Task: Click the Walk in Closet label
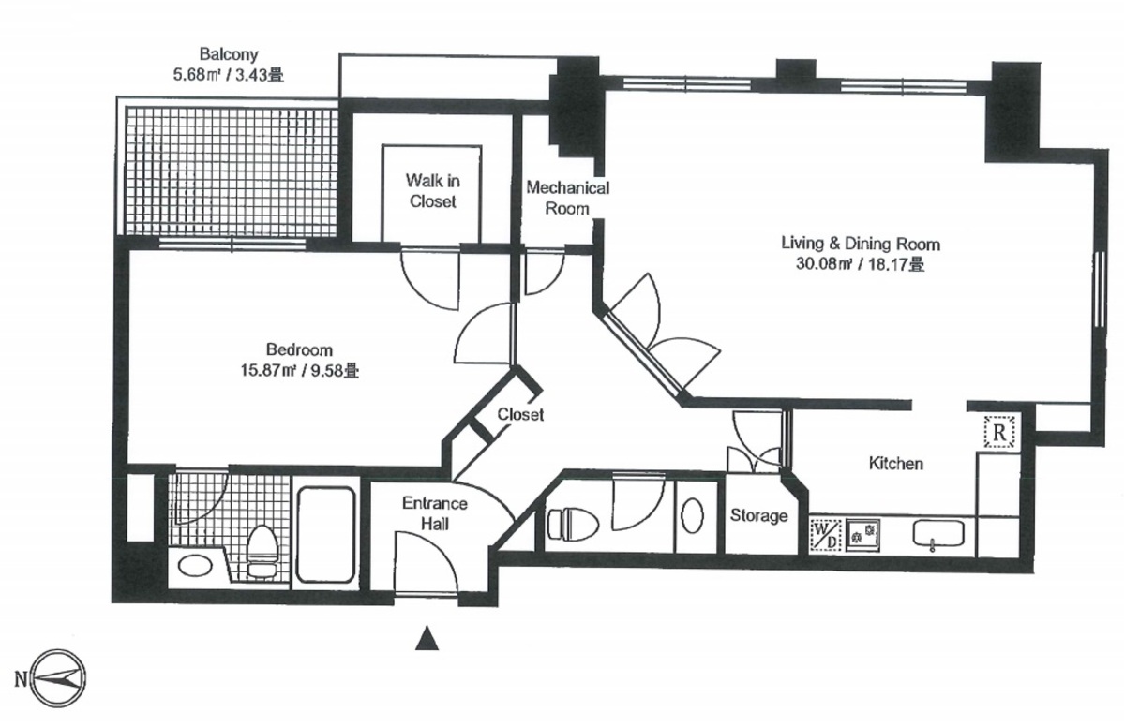point(433,191)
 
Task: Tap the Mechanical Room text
point(568,198)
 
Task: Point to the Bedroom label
point(299,349)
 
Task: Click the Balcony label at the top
point(229,53)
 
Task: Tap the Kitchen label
point(895,464)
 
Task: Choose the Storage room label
point(758,515)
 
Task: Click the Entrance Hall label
point(434,513)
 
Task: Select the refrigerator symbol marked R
point(999,433)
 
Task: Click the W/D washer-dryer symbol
point(826,534)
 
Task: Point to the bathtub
point(326,534)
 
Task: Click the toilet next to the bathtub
point(261,551)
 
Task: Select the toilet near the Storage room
point(573,524)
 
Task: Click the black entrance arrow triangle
point(427,638)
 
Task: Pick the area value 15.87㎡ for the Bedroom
point(269,371)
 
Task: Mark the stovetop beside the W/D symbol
point(863,534)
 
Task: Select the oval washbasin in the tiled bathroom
point(195,566)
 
